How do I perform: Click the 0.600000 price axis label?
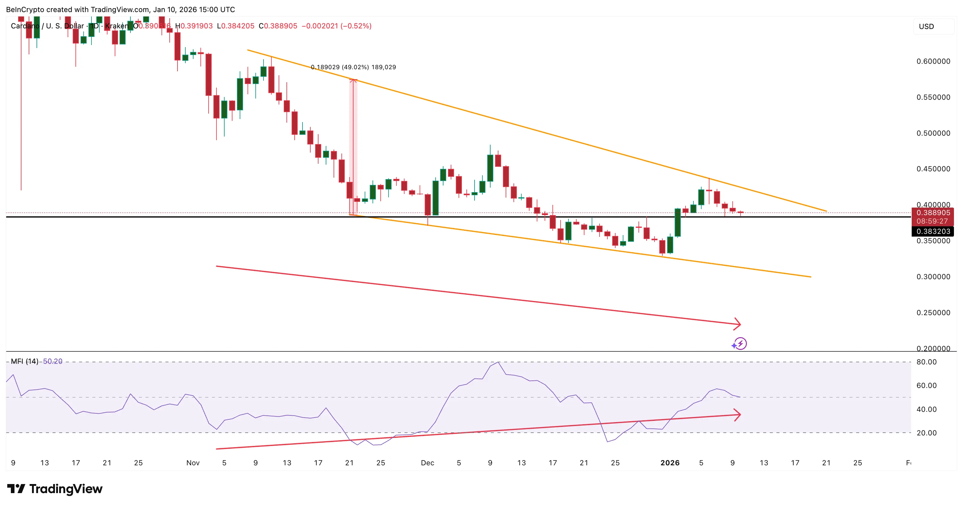(933, 61)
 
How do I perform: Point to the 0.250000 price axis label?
(933, 313)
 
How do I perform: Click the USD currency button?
(926, 27)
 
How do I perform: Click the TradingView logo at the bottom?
(55, 489)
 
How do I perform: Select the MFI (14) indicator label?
(24, 361)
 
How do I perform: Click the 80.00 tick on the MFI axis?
(926, 362)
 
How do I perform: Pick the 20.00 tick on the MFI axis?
(926, 433)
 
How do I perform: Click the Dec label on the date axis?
(427, 463)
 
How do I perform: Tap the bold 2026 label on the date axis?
(670, 463)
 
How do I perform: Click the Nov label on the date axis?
(193, 463)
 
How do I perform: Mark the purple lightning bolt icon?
(740, 344)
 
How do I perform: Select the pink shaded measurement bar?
(353, 146)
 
